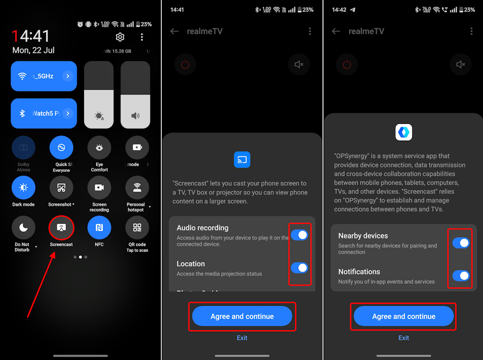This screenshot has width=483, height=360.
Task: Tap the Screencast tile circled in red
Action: [61, 228]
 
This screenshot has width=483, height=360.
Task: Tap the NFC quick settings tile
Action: [99, 228]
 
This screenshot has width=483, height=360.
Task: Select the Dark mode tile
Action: [24, 188]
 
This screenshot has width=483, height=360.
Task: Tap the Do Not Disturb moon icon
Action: [24, 228]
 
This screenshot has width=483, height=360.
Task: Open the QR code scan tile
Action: [137, 228]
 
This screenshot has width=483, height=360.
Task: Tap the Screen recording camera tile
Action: [99, 188]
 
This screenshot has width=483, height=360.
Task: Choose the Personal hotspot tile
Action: [137, 188]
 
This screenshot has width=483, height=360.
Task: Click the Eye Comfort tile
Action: [99, 148]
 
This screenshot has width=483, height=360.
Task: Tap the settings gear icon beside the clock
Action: [120, 37]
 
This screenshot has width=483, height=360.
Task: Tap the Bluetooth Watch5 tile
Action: [44, 113]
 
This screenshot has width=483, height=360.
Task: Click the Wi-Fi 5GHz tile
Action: [44, 76]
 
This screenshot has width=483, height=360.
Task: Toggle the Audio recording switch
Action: [299, 235]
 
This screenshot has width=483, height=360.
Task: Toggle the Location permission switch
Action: [299, 268]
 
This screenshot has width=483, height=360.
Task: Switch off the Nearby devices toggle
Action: [461, 243]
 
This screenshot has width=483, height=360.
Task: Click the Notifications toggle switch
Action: [461, 276]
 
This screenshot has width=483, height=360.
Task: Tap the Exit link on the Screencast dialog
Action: [242, 338]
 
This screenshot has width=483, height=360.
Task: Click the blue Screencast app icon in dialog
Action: [242, 160]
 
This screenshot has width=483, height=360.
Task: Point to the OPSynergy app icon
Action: [404, 132]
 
